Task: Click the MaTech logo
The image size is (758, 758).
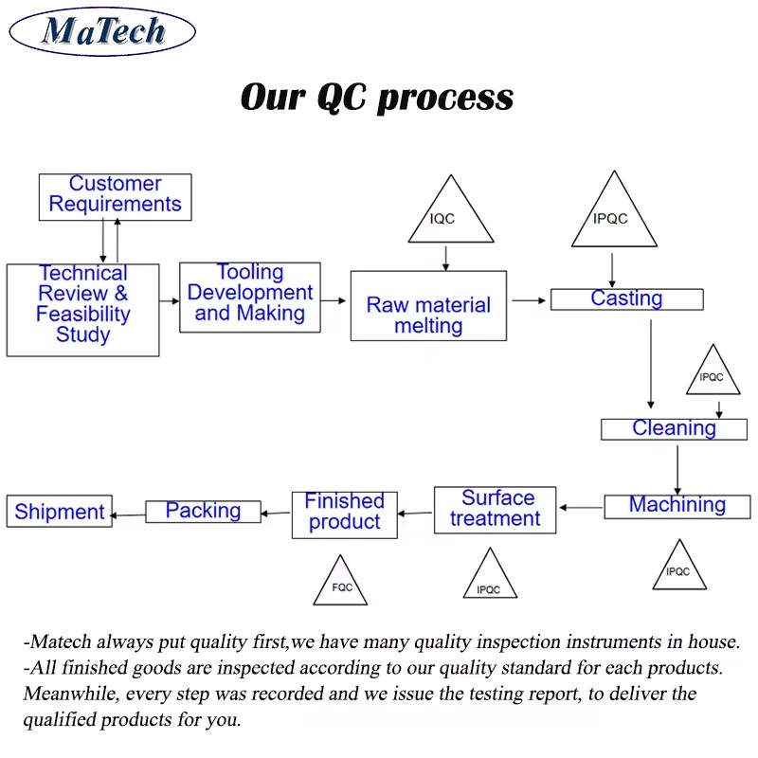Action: [102, 31]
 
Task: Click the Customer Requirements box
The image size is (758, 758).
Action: [115, 197]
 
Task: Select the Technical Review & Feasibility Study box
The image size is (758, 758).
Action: [82, 310]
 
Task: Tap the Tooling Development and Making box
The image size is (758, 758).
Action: [250, 298]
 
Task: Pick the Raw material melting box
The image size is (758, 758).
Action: [428, 305]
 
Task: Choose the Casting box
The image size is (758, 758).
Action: [627, 299]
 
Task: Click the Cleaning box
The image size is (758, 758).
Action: [674, 429]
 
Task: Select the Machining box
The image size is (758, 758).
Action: [677, 507]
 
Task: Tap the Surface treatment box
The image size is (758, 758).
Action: [495, 510]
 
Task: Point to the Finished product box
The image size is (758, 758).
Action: [345, 514]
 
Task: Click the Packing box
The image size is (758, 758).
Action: [203, 512]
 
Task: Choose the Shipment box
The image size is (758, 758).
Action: [60, 511]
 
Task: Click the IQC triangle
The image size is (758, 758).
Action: [451, 212]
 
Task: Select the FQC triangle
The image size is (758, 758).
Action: [340, 584]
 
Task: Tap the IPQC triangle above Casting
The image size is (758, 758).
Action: [614, 213]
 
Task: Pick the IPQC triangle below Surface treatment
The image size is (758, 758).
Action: [490, 577]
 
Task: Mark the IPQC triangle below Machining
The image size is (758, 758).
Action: [679, 568]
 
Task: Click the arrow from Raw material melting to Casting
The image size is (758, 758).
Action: [529, 300]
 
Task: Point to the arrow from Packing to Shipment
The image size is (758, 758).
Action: [128, 515]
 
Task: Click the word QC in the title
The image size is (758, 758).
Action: [342, 97]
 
